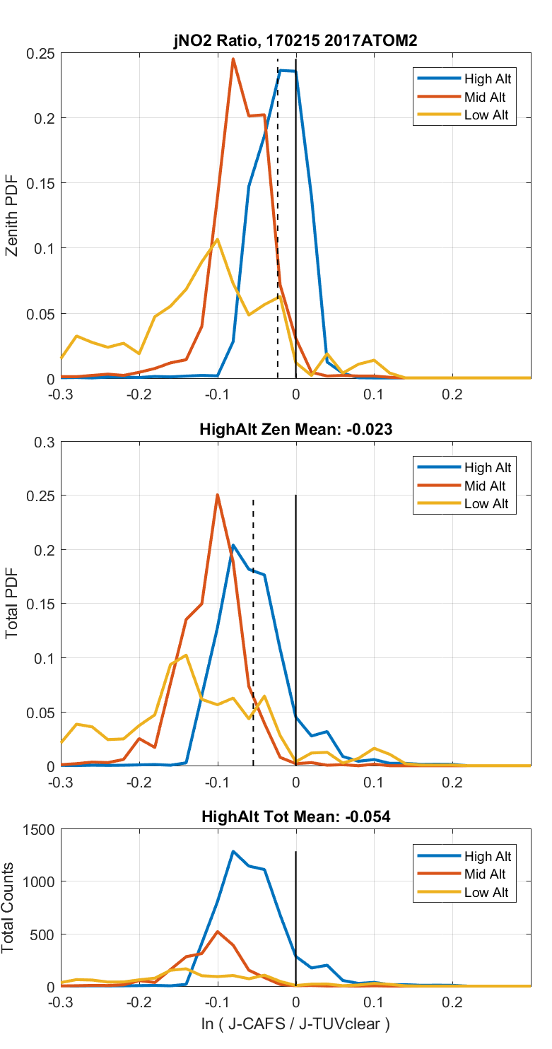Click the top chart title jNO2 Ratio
coord(295,41)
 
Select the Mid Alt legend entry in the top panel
coord(484,97)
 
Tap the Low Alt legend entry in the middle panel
coord(486,504)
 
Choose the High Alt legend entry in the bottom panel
coord(487,856)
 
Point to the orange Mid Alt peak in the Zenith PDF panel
coord(233,59)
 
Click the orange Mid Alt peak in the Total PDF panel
coord(218,495)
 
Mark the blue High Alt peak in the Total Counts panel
coord(233,852)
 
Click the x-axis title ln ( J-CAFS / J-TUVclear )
coord(295,1024)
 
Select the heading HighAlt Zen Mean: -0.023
coord(295,428)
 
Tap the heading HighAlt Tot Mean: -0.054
coord(295,816)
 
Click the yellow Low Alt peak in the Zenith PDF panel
coord(217,240)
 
